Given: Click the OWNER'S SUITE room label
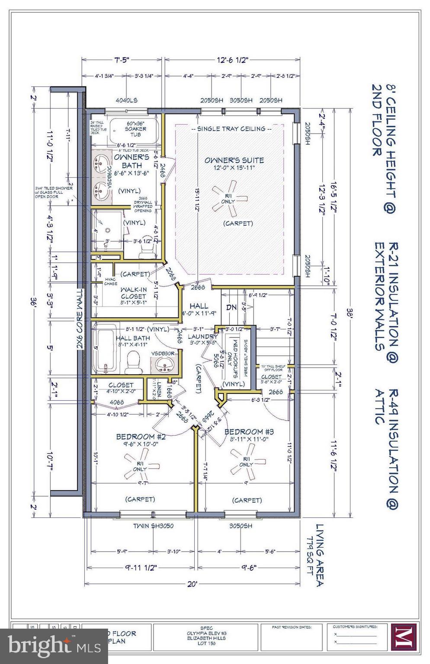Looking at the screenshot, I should (x=234, y=160).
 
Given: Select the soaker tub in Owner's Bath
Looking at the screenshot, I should (x=135, y=129).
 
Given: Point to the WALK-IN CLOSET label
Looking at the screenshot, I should (x=133, y=293).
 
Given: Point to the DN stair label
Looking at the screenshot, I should (x=231, y=307).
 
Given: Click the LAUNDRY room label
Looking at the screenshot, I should (x=202, y=336).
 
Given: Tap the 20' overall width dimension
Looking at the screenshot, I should (x=193, y=584).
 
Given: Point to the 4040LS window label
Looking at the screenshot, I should (x=126, y=100).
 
